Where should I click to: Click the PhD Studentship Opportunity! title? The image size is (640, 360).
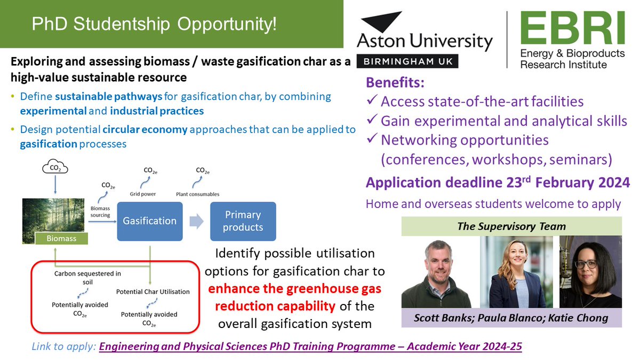click(x=154, y=24)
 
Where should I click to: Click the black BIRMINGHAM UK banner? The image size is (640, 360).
click(x=408, y=61)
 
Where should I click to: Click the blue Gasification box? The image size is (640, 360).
click(x=149, y=221)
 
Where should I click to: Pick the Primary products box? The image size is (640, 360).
click(x=243, y=221)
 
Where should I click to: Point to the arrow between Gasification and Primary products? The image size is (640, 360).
click(x=196, y=221)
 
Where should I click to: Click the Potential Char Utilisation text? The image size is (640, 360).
click(x=153, y=292)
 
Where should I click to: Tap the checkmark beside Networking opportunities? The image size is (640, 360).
click(x=372, y=140)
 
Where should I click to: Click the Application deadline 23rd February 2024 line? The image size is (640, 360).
click(x=497, y=182)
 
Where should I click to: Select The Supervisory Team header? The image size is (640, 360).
click(x=511, y=227)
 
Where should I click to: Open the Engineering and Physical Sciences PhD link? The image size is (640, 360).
click(x=310, y=347)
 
